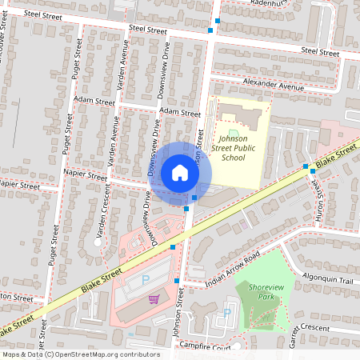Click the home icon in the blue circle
(179, 172)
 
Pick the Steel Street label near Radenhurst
(320, 51)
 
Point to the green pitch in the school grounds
(234, 133)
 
